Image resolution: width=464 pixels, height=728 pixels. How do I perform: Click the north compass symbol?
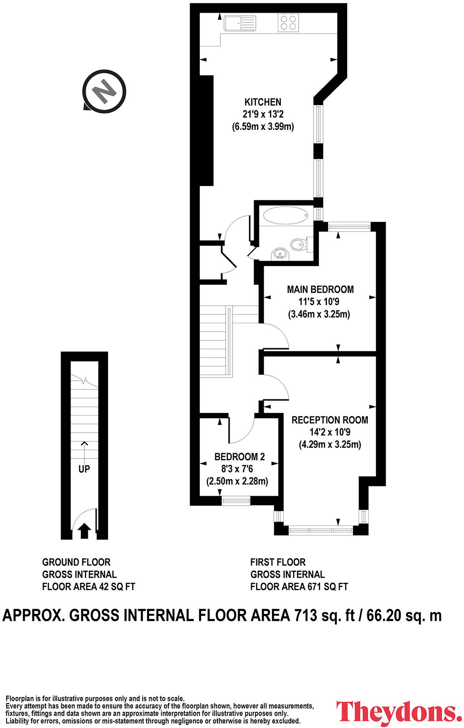click(105, 91)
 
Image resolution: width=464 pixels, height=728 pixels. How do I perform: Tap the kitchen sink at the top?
click(240, 23)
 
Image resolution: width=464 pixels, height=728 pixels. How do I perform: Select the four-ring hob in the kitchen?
click(288, 23)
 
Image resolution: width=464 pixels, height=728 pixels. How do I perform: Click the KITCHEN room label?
click(262, 102)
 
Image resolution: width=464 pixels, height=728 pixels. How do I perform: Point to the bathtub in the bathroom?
click(286, 216)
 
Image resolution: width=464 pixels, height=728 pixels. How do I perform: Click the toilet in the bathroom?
click(299, 244)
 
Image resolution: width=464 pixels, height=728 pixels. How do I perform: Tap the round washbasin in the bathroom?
click(280, 253)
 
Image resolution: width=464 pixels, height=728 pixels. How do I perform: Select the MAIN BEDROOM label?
click(320, 289)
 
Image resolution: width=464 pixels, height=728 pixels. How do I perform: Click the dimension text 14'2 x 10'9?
click(330, 432)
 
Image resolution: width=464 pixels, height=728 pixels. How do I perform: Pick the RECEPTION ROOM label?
click(330, 420)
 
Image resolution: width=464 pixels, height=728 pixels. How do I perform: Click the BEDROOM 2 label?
click(239, 457)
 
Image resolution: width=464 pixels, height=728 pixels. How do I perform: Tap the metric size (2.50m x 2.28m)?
click(237, 481)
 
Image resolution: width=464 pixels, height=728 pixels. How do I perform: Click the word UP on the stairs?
click(84, 469)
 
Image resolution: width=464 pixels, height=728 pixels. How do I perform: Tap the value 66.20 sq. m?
click(404, 615)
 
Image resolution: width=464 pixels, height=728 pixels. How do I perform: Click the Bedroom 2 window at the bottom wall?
click(236, 500)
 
